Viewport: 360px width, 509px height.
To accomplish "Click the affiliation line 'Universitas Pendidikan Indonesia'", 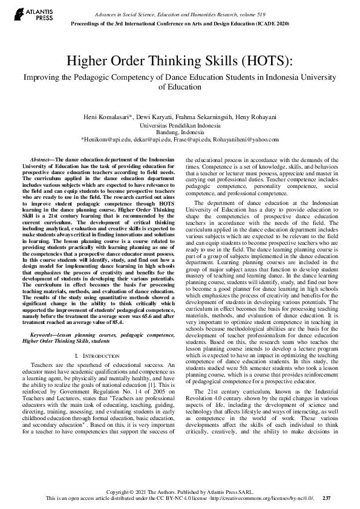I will click(180, 124).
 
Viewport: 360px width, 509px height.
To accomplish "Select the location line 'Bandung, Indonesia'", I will click(180, 131).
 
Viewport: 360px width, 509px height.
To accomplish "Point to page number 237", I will click(327, 498).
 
